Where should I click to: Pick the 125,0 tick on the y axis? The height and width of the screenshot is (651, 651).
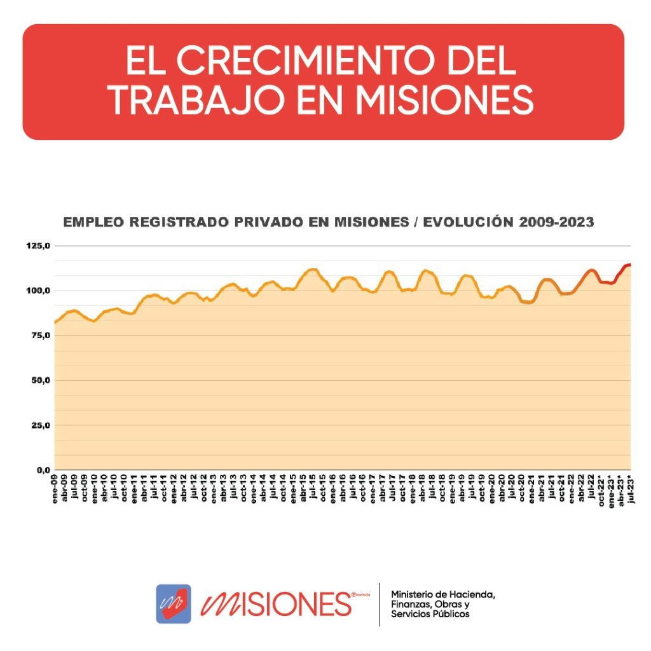pos(38,246)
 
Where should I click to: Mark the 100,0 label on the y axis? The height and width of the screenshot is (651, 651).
pos(38,291)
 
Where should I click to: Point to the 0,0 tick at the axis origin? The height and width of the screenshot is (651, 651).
pos(42,470)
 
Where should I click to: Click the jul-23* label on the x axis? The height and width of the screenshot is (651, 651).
pos(631,490)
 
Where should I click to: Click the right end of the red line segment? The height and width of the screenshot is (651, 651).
pos(629,264)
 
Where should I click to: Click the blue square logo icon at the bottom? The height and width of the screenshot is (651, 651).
pos(174,603)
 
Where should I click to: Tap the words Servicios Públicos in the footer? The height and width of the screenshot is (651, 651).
pos(430,614)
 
